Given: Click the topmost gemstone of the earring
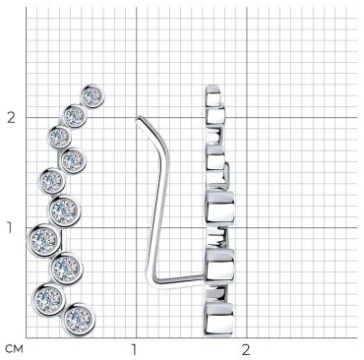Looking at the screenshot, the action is tap(92, 96).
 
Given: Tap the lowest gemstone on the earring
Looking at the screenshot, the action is tap(79, 319).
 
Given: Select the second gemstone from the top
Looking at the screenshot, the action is tap(75, 116).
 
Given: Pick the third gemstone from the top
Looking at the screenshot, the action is tap(59, 137).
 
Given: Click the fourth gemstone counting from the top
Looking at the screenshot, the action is tap(73, 160).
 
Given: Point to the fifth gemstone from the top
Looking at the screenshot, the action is tap(52, 180).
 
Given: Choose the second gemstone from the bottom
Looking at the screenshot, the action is tap(48, 299).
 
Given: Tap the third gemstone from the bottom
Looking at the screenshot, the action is tap(67, 268).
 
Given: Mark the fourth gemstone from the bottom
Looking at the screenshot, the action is tap(44, 240).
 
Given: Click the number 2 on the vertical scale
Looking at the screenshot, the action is tap(12, 117).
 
